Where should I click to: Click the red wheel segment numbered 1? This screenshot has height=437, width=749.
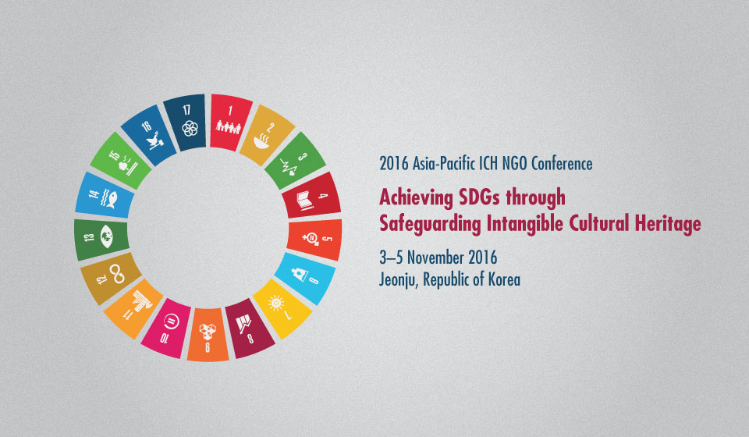[231, 122]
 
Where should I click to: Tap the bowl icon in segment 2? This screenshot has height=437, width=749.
[262, 141]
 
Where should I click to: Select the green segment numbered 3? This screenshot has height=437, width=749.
[295, 161]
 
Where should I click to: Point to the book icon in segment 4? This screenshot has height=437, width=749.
[304, 201]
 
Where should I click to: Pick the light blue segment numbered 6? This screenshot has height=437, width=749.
[307, 279]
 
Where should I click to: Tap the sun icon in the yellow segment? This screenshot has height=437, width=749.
[276, 304]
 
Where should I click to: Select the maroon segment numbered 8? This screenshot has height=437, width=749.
[249, 329]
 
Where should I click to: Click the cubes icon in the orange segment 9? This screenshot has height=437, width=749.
[208, 331]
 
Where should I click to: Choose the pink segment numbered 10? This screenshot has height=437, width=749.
[167, 328]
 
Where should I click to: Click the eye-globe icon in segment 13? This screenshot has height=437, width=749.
[107, 236]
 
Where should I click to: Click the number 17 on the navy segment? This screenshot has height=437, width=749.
[186, 111]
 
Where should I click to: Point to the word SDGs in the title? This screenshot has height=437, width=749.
[479, 197]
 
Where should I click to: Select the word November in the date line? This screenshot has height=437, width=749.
[435, 258]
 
